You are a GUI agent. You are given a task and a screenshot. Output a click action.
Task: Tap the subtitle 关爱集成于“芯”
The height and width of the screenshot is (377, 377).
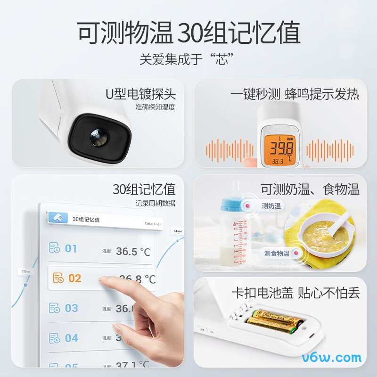(188, 60)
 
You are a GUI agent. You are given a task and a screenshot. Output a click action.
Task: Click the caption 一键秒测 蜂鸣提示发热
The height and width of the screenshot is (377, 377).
(295, 94)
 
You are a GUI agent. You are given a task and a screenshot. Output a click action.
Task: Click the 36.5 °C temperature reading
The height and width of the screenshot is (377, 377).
(133, 251)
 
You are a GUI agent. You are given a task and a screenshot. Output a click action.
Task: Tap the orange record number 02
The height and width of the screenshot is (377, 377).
(74, 278)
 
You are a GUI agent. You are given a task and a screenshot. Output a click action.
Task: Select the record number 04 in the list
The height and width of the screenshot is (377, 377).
(71, 338)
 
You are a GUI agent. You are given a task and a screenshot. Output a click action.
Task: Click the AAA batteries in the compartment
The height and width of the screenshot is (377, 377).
(274, 321)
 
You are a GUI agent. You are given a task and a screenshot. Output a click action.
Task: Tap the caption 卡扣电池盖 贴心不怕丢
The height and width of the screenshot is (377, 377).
(295, 293)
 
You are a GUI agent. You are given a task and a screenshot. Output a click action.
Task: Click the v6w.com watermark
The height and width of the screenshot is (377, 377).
(336, 358)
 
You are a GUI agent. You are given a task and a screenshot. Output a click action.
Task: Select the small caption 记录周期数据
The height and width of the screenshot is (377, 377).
(155, 204)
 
